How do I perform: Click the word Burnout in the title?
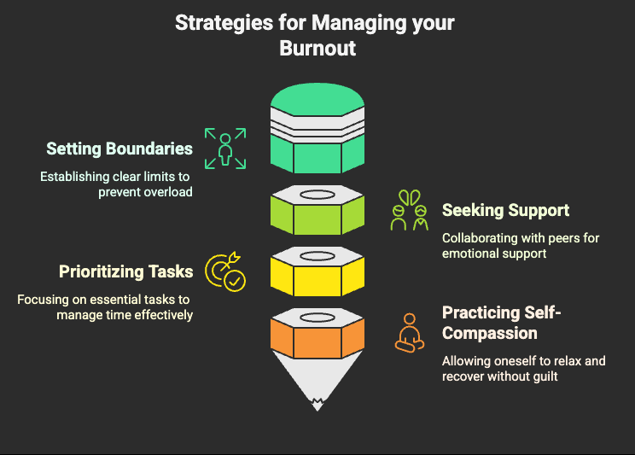pos(317,49)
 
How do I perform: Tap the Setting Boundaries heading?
pos(119,149)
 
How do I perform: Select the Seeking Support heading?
pos(505,210)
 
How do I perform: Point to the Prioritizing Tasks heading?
pos(125,271)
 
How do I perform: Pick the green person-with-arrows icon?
pos(225,148)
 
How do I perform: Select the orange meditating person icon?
pos(410,332)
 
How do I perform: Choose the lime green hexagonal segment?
pos(317,211)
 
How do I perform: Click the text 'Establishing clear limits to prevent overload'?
pos(116,184)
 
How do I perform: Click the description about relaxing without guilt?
pos(523,368)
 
